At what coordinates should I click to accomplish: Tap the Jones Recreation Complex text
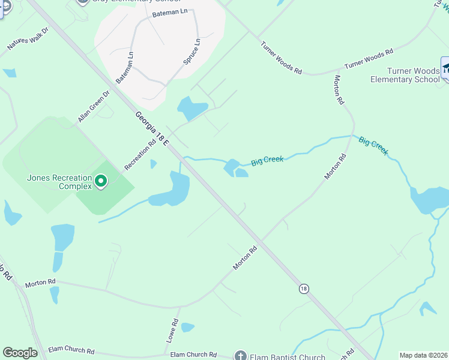click(x=59, y=182)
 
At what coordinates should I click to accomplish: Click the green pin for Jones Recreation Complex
click(x=101, y=180)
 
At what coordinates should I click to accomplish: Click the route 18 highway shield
click(x=304, y=289)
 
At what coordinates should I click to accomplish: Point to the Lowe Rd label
click(x=172, y=331)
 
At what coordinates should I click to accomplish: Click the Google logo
click(x=20, y=353)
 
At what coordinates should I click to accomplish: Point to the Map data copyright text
click(x=424, y=355)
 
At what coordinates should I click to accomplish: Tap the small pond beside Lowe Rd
click(x=187, y=328)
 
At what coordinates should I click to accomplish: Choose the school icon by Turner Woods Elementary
click(x=445, y=68)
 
